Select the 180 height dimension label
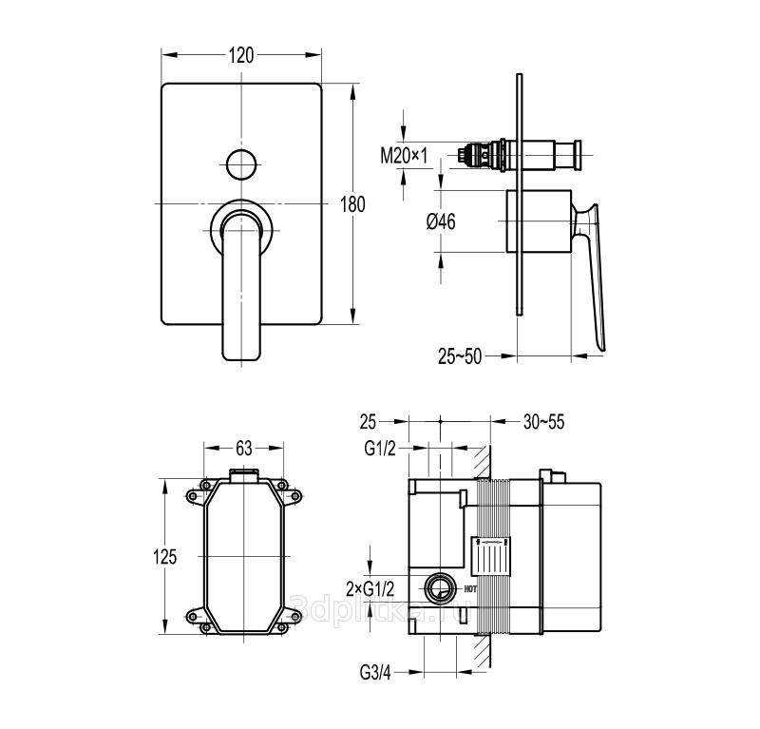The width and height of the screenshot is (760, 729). [352, 203]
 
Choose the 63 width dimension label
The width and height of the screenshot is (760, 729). [243, 446]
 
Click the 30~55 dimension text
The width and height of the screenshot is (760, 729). [542, 422]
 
